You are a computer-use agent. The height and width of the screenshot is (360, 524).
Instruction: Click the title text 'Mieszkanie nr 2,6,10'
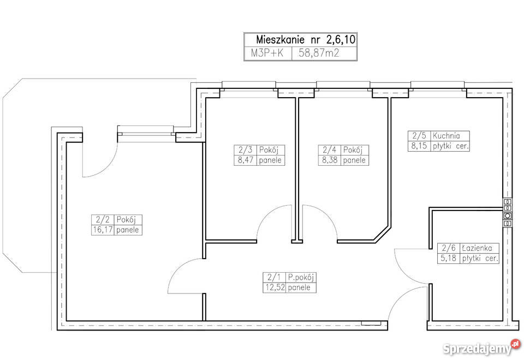point(306,40)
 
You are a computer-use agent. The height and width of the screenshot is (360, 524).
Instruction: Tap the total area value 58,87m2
point(319,53)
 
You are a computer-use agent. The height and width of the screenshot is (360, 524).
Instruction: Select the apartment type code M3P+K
point(267,53)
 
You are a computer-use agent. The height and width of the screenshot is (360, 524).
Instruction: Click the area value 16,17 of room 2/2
point(103,230)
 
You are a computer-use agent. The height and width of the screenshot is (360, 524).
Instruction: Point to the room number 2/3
point(245,149)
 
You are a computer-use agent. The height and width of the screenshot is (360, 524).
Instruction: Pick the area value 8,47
point(245,160)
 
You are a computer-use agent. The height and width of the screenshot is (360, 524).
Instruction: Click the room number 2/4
point(330,149)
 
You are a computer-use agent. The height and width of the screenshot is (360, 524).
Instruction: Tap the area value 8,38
point(330,160)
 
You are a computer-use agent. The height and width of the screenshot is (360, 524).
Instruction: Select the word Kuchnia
point(446,136)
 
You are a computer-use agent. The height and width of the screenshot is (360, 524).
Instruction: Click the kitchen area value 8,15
point(419,146)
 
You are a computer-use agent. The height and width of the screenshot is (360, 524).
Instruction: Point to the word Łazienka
point(477,248)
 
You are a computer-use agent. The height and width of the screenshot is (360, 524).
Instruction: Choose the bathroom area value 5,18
point(449,258)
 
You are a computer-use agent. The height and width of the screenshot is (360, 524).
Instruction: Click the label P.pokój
point(301,277)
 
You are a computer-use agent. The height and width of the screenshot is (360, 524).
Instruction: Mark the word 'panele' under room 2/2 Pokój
point(128,230)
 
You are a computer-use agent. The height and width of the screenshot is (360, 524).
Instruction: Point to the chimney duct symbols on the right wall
point(507,213)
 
